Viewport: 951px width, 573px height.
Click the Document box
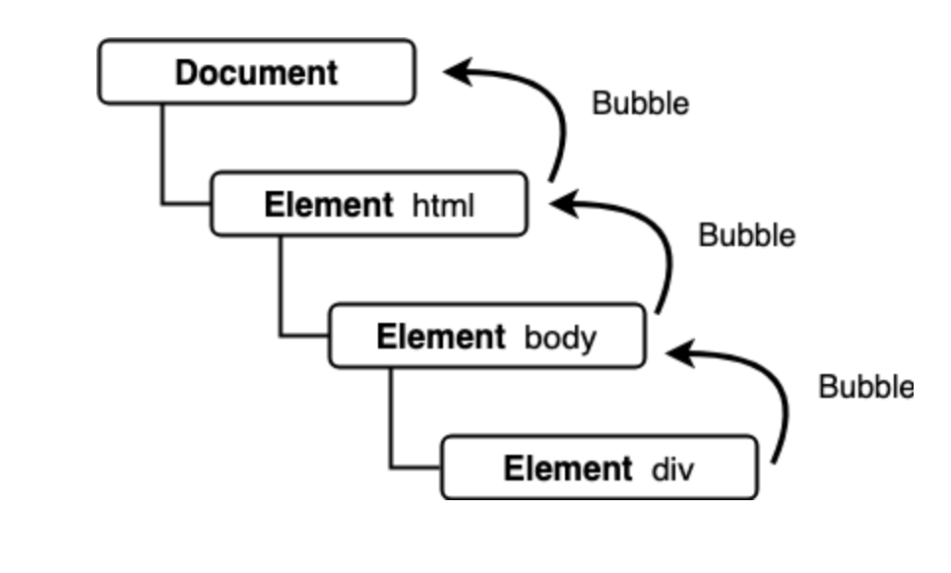pyautogui.click(x=256, y=72)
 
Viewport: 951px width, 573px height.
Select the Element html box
pyautogui.click(x=369, y=205)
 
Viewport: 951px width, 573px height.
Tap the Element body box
pyautogui.click(x=486, y=337)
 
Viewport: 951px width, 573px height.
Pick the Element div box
pyautogui.click(x=599, y=468)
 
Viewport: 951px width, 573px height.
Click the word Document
pyautogui.click(x=256, y=73)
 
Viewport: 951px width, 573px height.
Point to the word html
pyautogui.click(x=443, y=206)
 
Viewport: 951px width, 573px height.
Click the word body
pyautogui.click(x=560, y=338)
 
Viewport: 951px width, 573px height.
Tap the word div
pyautogui.click(x=672, y=469)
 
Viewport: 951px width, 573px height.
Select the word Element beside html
pyautogui.click(x=328, y=206)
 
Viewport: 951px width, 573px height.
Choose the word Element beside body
pyautogui.click(x=440, y=338)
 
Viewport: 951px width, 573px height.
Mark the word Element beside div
pyautogui.click(x=567, y=469)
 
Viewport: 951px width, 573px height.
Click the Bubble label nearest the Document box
pyautogui.click(x=640, y=103)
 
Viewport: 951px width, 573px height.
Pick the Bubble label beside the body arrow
pyautogui.click(x=746, y=235)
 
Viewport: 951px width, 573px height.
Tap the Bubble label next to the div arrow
pyautogui.click(x=865, y=387)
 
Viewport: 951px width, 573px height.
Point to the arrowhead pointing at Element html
pyautogui.click(x=564, y=203)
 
